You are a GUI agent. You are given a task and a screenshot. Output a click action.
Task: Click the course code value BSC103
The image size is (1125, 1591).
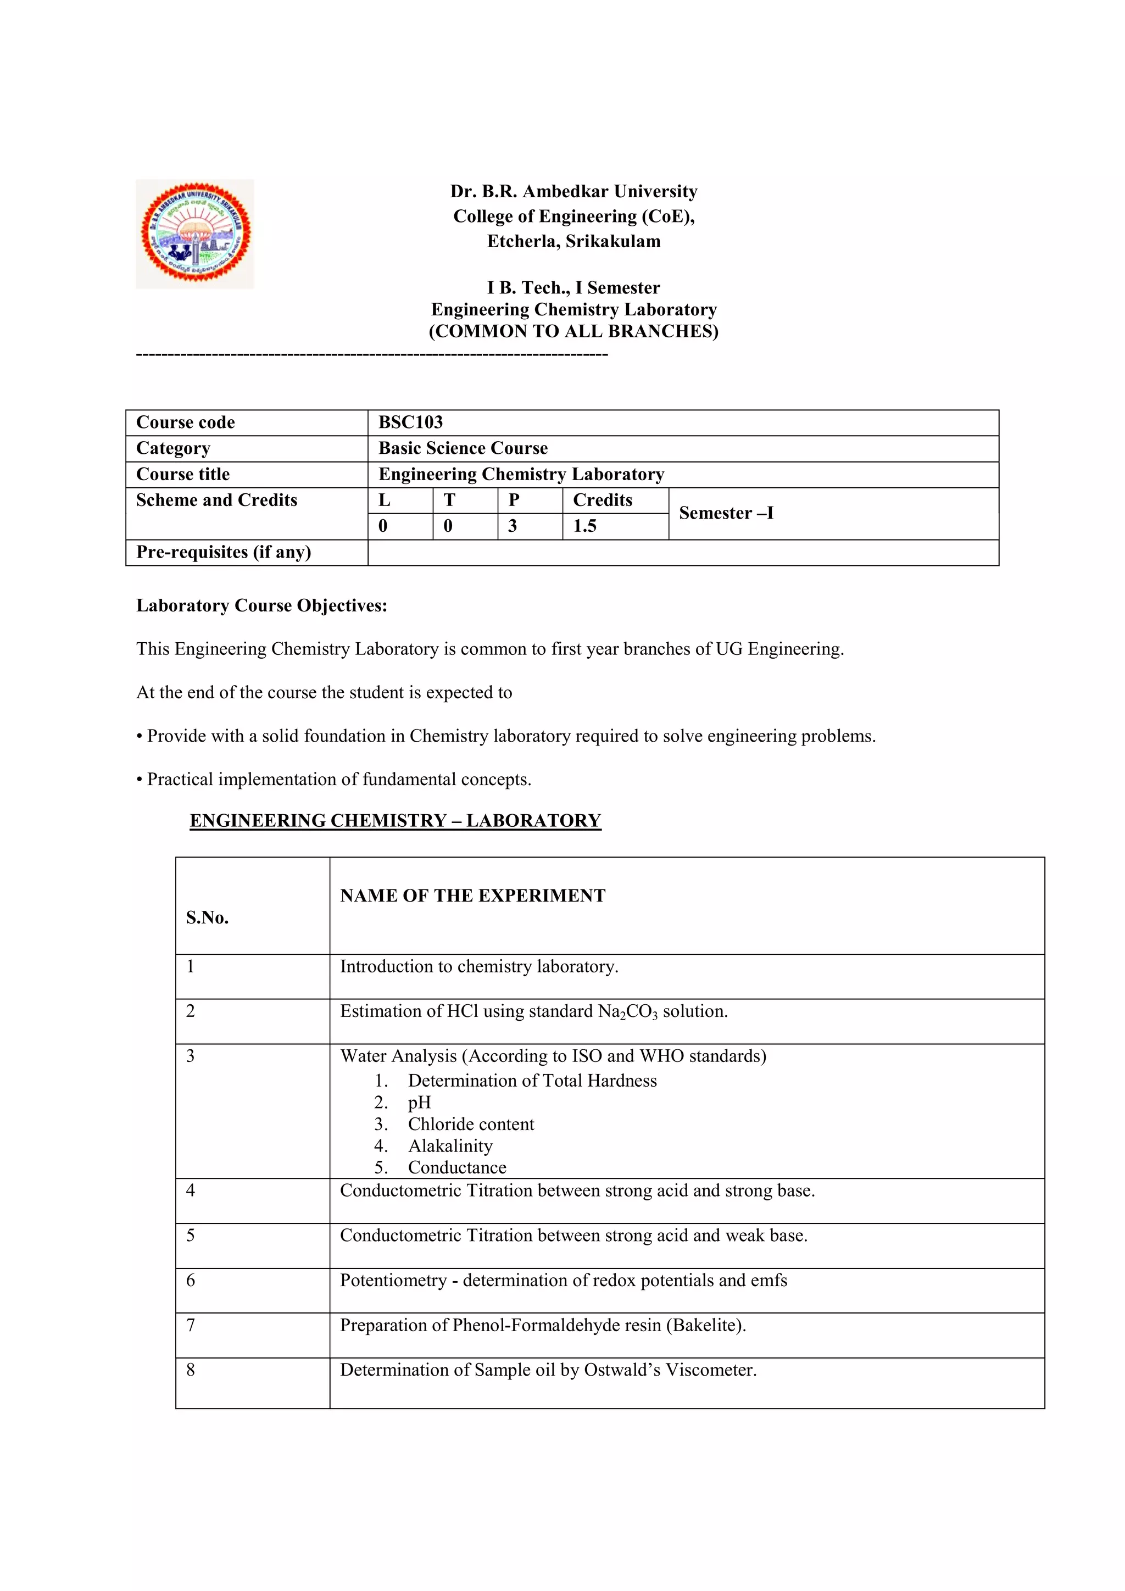coord(410,422)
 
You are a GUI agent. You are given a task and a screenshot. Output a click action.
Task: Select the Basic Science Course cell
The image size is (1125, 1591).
coord(463,448)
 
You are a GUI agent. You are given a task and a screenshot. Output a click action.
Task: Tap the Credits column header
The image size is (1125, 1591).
coord(602,500)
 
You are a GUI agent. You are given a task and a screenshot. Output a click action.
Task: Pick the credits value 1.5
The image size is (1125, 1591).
coord(584,526)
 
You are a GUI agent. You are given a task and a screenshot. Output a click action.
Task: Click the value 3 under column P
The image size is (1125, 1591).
coord(512,526)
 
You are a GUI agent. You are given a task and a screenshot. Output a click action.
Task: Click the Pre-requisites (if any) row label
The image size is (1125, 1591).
coord(223,552)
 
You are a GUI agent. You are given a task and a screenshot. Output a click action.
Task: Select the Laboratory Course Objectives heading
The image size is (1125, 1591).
coord(261,605)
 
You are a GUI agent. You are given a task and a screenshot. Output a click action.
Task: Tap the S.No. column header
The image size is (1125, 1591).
coord(207,917)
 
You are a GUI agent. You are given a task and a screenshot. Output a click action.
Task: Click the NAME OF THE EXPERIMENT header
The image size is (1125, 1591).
coord(472,895)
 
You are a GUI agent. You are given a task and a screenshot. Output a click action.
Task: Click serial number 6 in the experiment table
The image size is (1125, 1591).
coord(191,1280)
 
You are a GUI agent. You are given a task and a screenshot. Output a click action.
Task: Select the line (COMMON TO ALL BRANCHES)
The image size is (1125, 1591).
coord(573,331)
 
